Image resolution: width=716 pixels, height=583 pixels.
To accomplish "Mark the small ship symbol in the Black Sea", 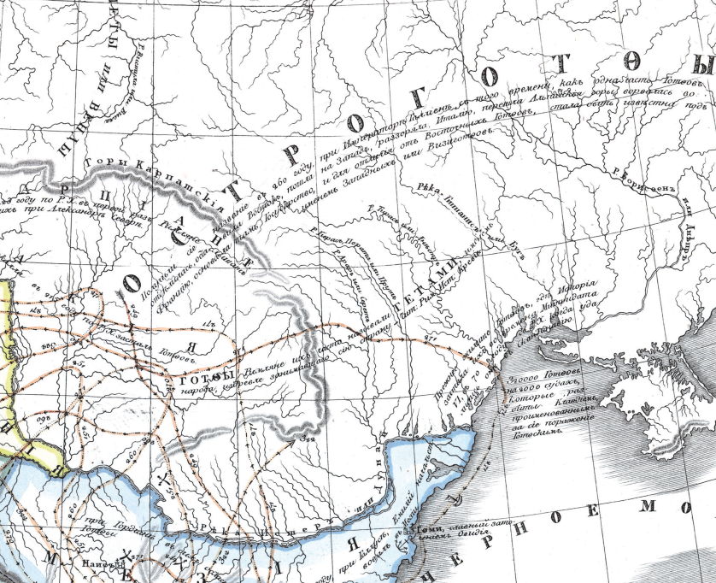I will point(462,500).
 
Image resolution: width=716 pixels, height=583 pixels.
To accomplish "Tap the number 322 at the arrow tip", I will point(308,439).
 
